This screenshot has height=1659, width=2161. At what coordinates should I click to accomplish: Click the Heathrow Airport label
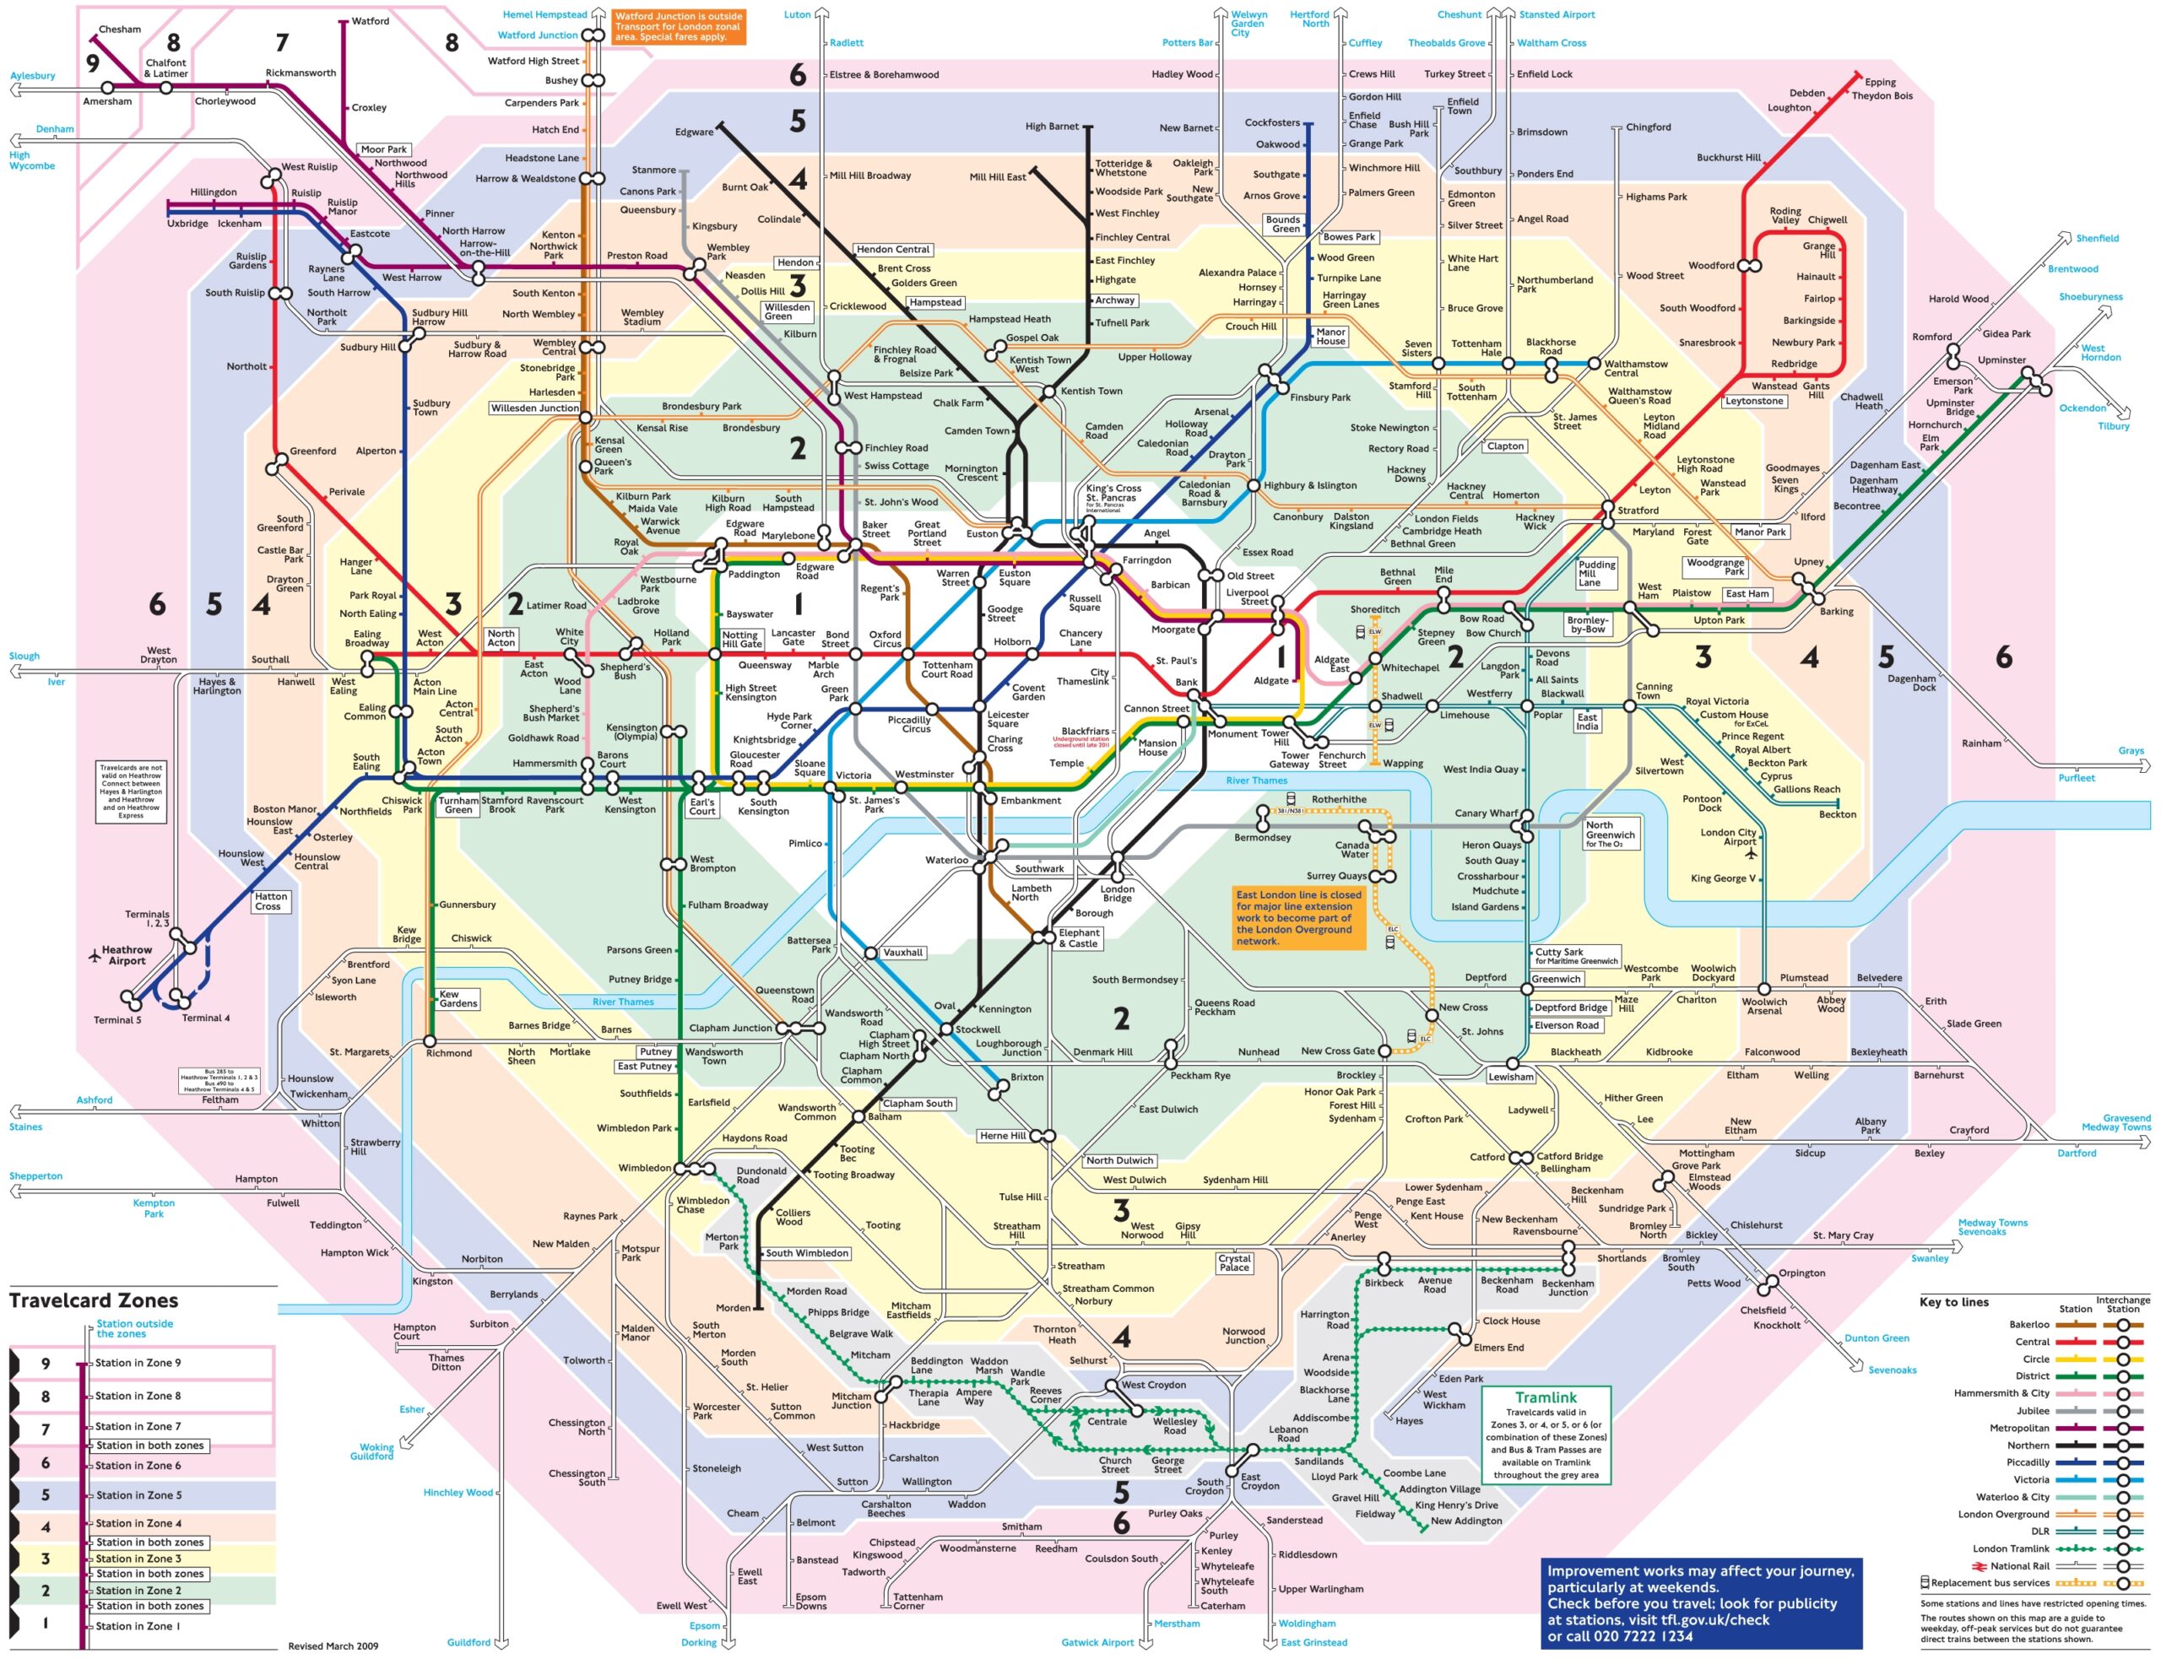127,955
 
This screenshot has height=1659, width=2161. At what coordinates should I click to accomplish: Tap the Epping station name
1880,82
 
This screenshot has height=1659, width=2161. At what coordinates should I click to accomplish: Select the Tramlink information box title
1546,1397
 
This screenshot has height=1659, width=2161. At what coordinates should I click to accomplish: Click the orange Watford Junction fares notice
678,27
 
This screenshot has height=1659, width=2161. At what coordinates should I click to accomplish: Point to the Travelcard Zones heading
94,1300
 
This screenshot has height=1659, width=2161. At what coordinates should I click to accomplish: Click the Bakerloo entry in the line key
2028,1324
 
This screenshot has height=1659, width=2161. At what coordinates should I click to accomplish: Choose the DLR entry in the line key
2039,1531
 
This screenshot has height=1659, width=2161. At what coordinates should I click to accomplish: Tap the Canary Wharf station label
1486,813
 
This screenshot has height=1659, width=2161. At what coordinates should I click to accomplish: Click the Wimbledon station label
644,1167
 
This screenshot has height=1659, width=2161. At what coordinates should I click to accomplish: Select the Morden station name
733,1307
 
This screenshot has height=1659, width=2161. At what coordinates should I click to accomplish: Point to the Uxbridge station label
187,223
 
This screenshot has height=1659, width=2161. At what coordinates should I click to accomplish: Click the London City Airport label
1727,836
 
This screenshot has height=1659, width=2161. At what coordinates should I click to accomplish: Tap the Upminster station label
2001,359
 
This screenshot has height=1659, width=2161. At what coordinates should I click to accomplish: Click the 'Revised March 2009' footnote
333,1645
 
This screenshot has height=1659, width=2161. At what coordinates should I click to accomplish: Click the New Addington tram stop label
1465,1521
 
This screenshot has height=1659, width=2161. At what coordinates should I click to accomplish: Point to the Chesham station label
120,29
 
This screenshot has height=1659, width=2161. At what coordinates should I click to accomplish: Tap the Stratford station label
1638,511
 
